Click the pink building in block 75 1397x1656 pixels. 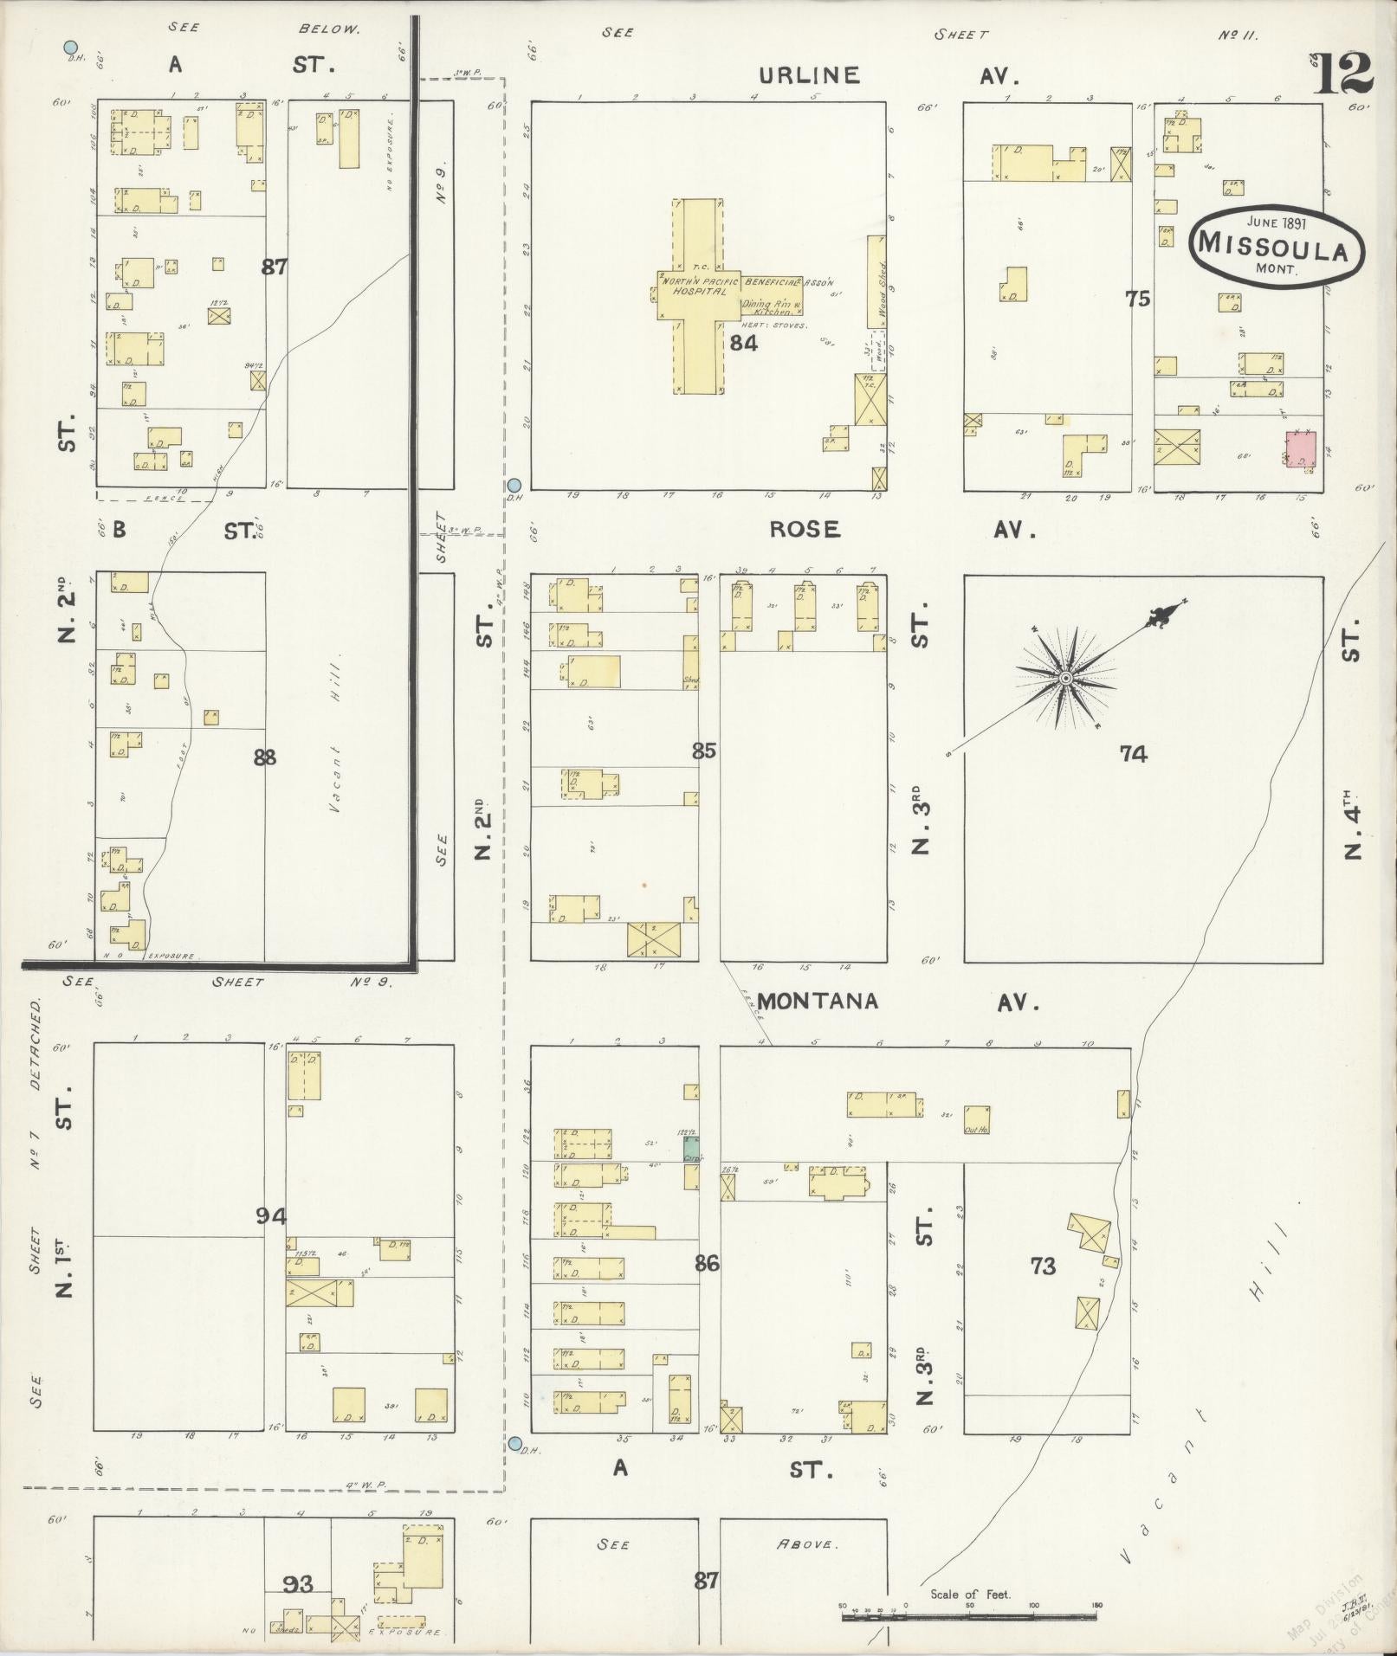[x=1300, y=450]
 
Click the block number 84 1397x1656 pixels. [x=743, y=344]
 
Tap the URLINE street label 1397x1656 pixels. [x=812, y=76]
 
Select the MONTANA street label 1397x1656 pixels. [x=818, y=1002]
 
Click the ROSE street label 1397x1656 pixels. [x=805, y=530]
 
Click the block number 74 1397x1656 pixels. [x=1133, y=754]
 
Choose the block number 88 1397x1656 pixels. [x=264, y=757]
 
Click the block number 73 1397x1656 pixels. [x=1043, y=1266]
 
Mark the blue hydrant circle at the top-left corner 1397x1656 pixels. [x=72, y=48]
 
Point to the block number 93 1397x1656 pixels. [x=298, y=1584]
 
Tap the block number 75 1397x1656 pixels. [x=1137, y=299]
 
